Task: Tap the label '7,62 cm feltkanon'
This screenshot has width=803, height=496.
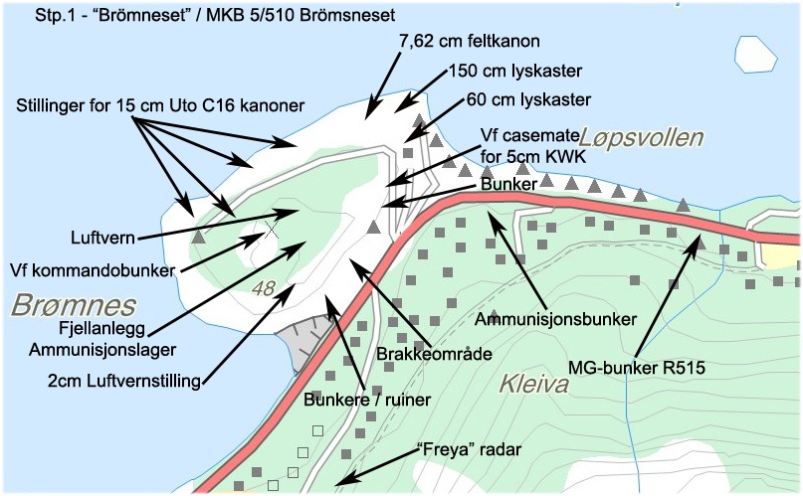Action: (x=468, y=42)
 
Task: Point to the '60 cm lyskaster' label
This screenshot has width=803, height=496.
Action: (x=528, y=99)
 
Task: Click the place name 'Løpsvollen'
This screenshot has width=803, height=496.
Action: (x=641, y=137)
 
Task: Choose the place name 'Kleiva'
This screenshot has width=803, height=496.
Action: (x=533, y=384)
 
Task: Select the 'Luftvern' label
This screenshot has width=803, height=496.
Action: (x=102, y=239)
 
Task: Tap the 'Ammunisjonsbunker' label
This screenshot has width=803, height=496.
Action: (x=556, y=319)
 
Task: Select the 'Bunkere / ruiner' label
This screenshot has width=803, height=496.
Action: (x=367, y=401)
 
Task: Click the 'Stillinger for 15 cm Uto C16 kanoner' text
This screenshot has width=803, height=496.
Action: (x=159, y=104)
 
